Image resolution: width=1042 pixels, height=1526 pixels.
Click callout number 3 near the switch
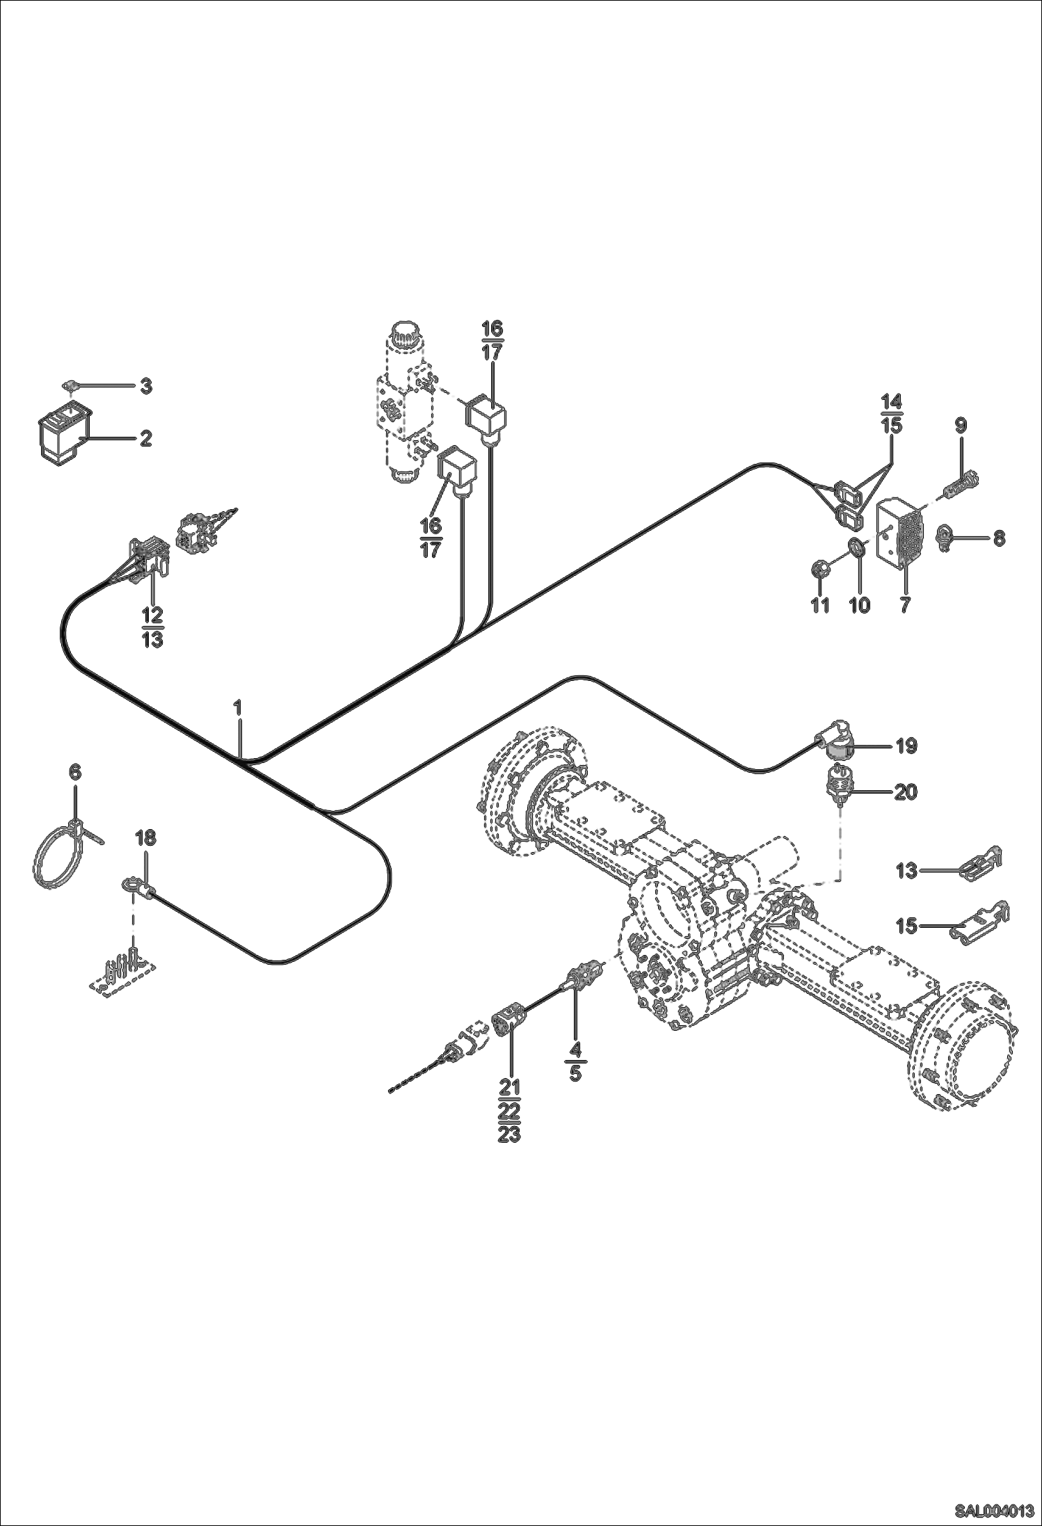click(x=145, y=386)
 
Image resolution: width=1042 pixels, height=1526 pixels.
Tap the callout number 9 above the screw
click(x=960, y=426)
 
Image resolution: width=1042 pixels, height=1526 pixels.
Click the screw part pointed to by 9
click(x=960, y=483)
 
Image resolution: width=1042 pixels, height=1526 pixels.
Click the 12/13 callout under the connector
click(x=152, y=627)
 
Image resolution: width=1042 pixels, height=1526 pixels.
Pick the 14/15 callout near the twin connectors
click(x=892, y=413)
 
